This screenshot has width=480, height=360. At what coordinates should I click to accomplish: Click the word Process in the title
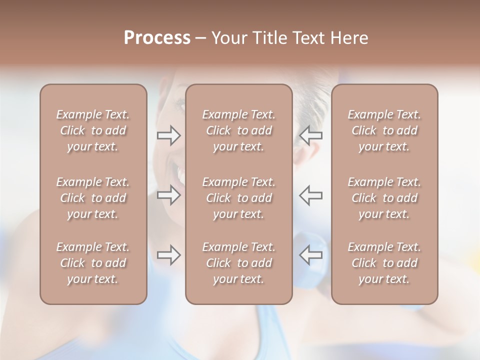157,38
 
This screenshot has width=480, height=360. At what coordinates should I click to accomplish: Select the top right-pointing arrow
168,135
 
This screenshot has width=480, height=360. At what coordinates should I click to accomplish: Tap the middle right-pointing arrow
168,195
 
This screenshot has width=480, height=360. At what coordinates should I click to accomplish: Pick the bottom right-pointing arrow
168,255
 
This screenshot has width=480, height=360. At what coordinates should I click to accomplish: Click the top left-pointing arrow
310,135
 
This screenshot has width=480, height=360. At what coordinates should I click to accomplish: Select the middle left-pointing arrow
310,195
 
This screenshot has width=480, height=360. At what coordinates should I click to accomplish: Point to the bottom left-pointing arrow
310,255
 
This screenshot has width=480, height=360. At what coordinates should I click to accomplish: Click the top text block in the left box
93,130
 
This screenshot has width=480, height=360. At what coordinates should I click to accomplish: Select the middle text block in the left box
93,198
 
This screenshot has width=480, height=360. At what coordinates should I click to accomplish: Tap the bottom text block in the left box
93,263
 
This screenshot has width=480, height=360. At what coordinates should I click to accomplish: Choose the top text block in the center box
239,130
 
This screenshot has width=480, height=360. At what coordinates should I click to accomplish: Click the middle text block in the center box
239,198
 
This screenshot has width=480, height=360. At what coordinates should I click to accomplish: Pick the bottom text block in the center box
239,263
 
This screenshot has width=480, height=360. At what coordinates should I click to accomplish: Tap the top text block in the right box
384,130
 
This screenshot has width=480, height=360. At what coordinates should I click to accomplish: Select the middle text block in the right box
384,198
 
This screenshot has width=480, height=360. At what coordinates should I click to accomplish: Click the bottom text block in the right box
384,263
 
